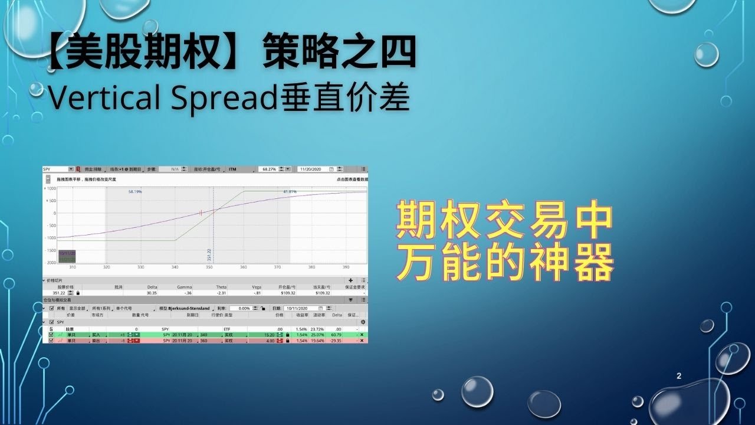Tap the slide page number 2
pyautogui.click(x=679, y=375)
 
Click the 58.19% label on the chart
pyautogui.click(x=135, y=192)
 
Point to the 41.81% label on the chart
pyautogui.click(x=290, y=192)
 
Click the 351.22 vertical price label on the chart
pyautogui.click(x=209, y=254)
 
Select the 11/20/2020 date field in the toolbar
pyautogui.click(x=313, y=169)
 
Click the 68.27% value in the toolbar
pyautogui.click(x=269, y=169)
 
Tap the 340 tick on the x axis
pyautogui.click(x=175, y=267)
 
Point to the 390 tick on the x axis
pyautogui.click(x=346, y=267)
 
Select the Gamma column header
pyautogui.click(x=184, y=287)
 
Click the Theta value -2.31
pyautogui.click(x=222, y=293)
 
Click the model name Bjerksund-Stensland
pyautogui.click(x=189, y=308)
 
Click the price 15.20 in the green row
pyautogui.click(x=272, y=335)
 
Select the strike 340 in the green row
pyautogui.click(x=203, y=335)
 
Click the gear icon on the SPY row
pyautogui.click(x=363, y=322)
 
